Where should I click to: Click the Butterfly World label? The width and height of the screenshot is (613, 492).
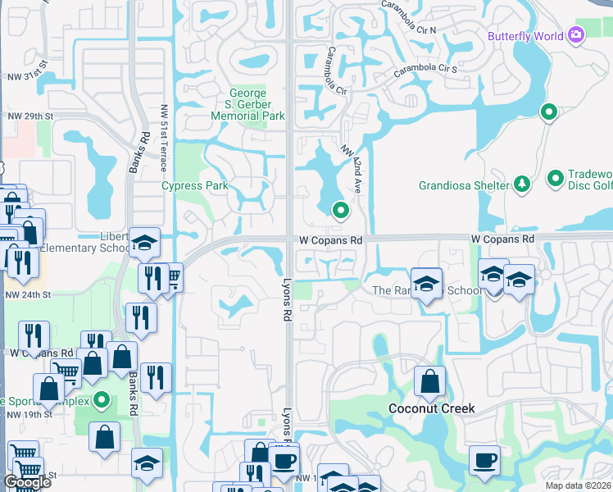[x=525, y=36]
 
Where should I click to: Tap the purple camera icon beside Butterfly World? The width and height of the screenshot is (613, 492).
[x=576, y=34]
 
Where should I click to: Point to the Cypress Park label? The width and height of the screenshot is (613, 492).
[x=194, y=186]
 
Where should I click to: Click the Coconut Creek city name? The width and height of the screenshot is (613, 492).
[x=431, y=408]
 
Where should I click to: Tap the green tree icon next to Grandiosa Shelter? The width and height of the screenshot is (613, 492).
[x=521, y=184]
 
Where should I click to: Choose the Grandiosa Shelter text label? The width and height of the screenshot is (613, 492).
[x=464, y=185]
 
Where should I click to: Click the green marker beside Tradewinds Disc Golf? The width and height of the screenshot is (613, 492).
[x=555, y=177]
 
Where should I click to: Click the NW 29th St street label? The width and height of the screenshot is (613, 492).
[x=30, y=116]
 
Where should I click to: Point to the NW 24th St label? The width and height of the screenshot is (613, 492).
[x=28, y=294]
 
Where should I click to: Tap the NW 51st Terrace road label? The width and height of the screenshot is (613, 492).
[x=164, y=138]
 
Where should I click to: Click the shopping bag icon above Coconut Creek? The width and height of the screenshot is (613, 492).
[x=429, y=380]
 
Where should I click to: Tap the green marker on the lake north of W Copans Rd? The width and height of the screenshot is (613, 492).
[x=340, y=211]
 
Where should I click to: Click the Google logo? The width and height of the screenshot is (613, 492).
[x=27, y=483]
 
